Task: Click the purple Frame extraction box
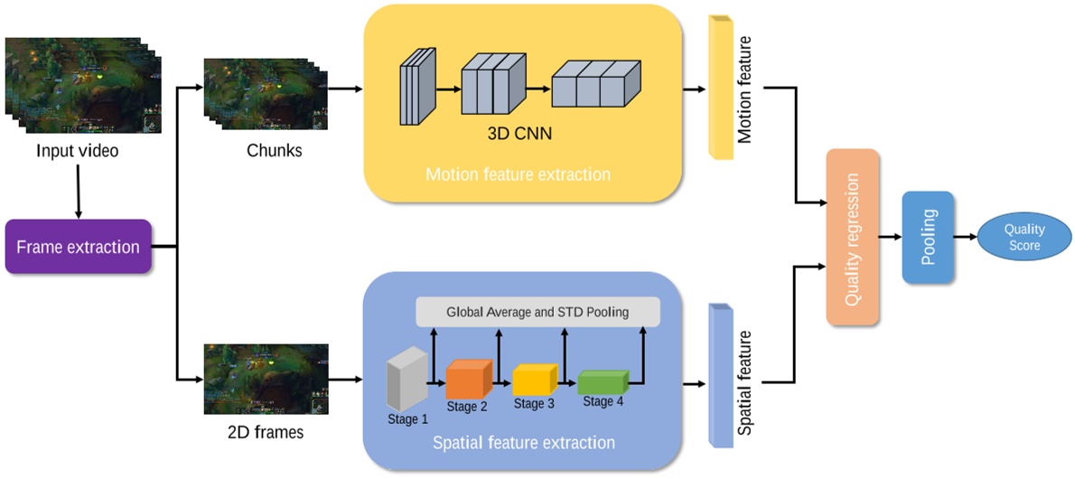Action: click(79, 247)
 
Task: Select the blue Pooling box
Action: click(928, 237)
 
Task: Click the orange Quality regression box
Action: click(852, 237)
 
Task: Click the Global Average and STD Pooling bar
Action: click(537, 313)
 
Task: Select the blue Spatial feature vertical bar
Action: click(721, 375)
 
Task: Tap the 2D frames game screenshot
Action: click(266, 378)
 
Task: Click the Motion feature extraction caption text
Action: click(518, 174)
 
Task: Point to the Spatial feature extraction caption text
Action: click(524, 443)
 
